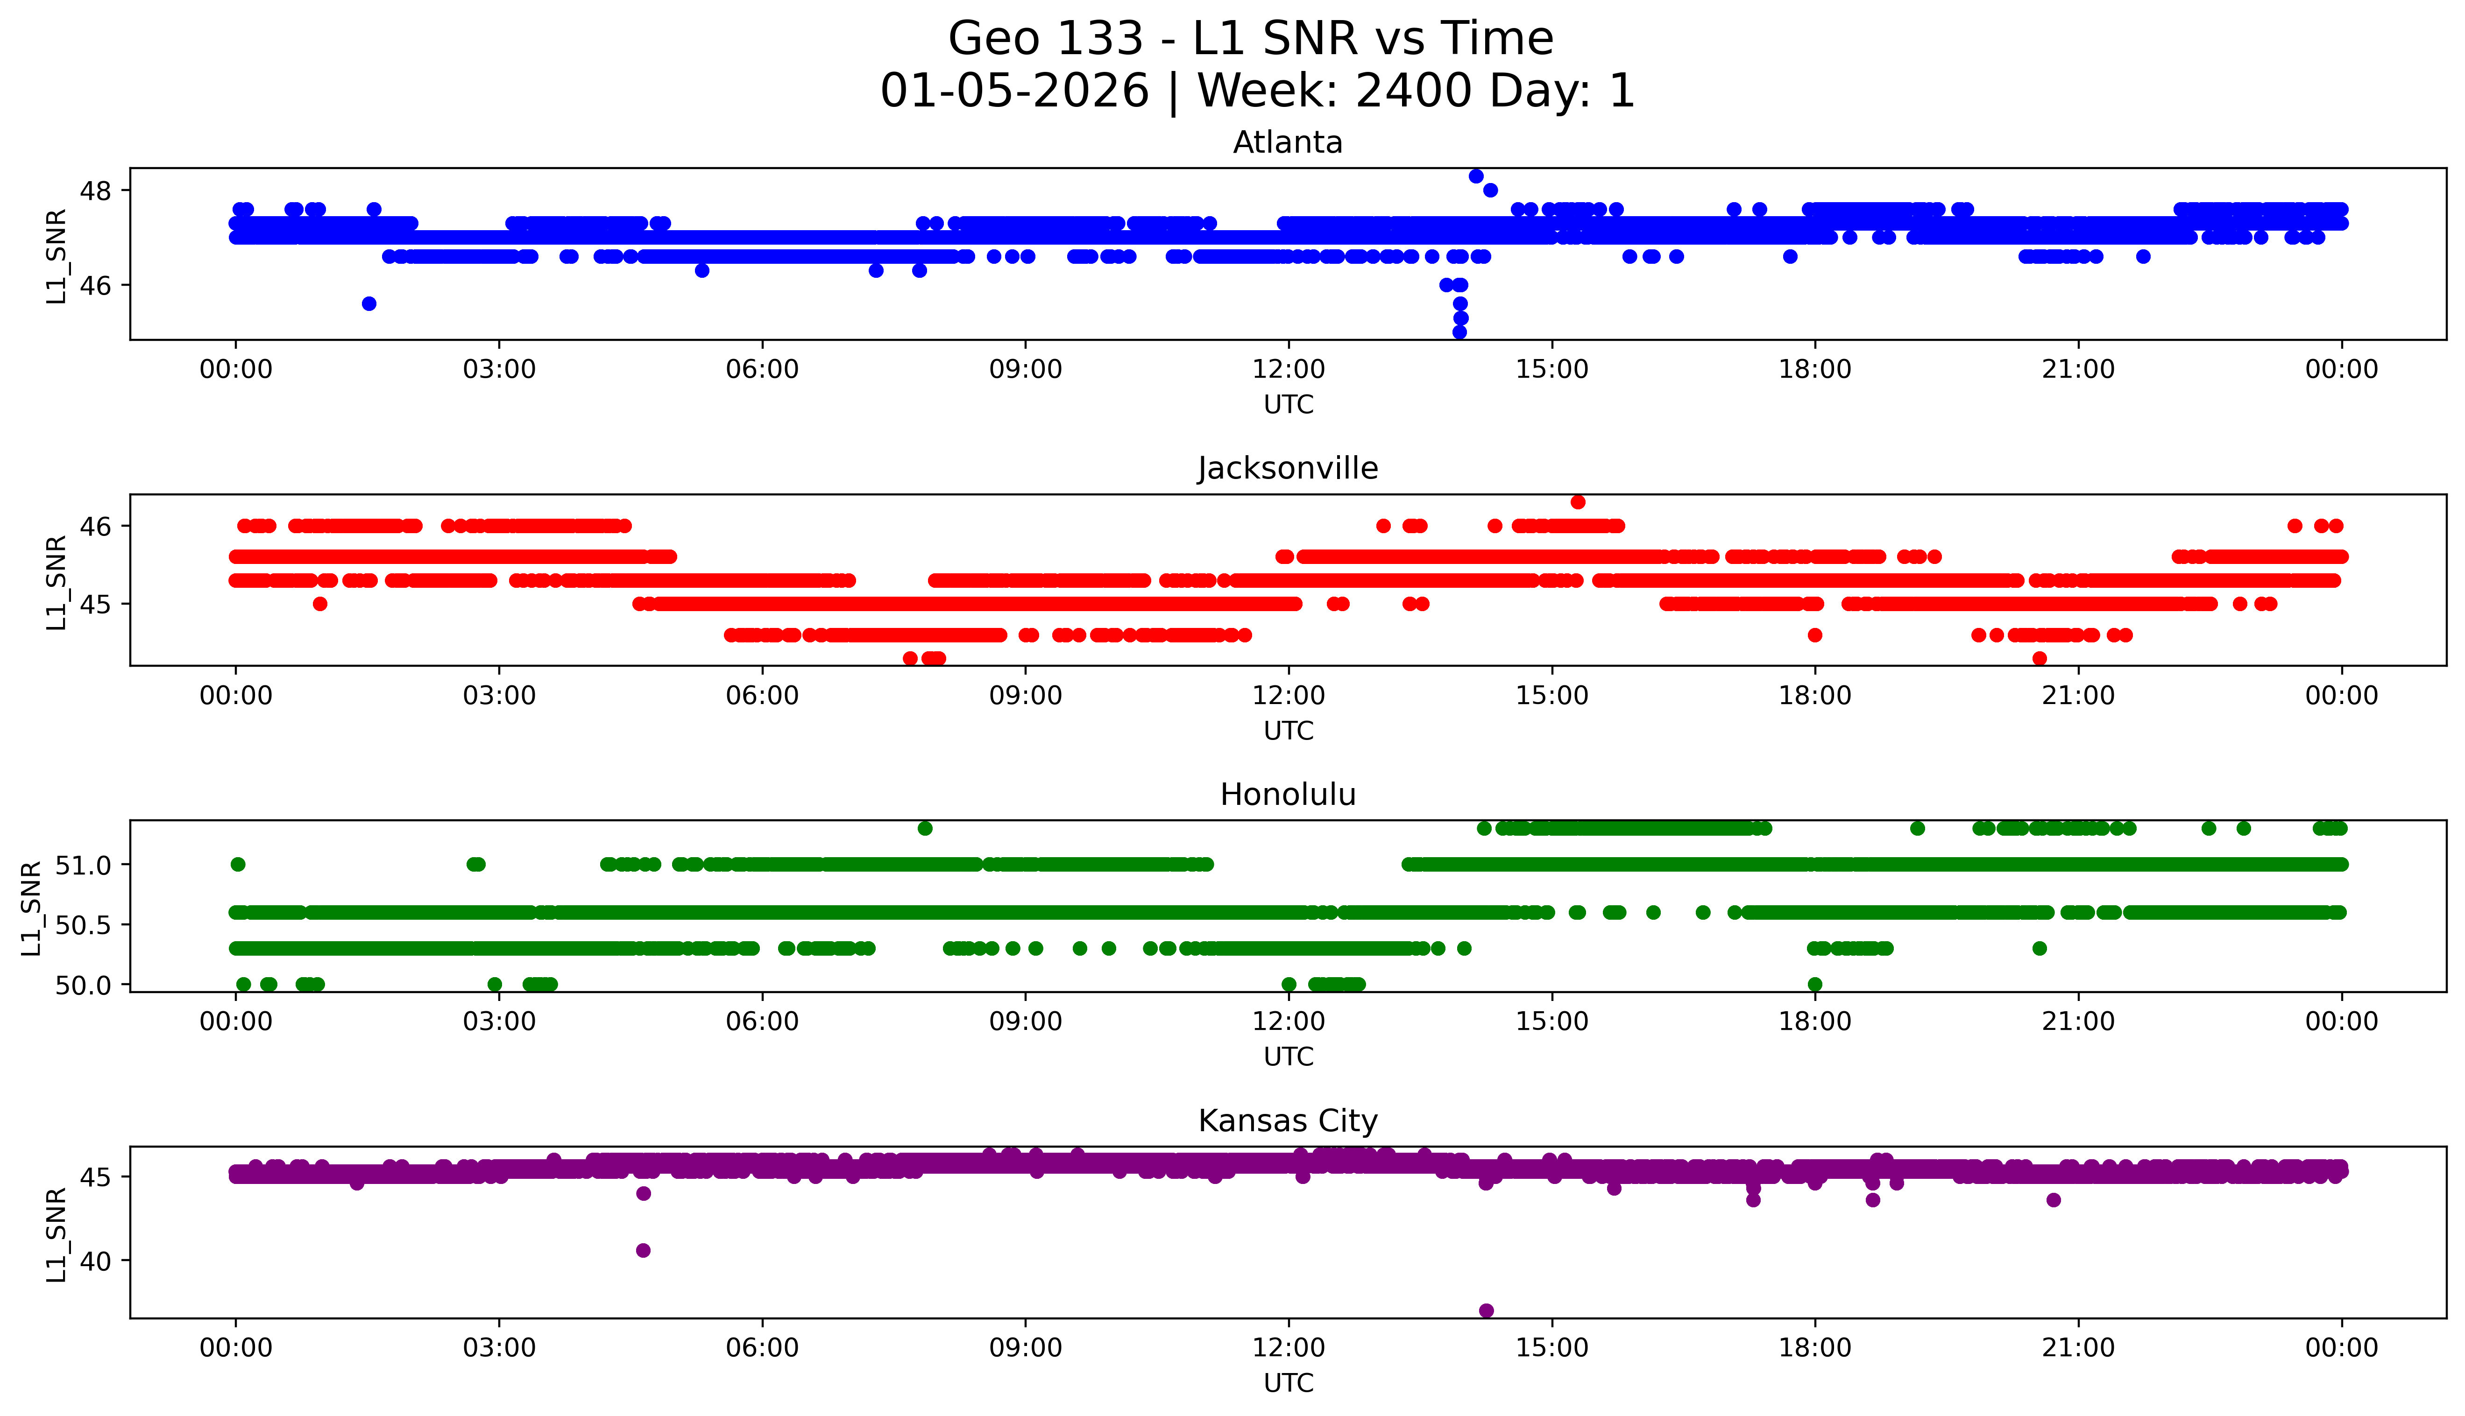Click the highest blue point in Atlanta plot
pyautogui.click(x=1476, y=176)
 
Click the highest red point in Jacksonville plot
pyautogui.click(x=1578, y=502)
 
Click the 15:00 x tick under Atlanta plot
pyautogui.click(x=1551, y=370)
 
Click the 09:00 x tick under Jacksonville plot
pyautogui.click(x=1025, y=695)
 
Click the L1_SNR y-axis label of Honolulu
pyautogui.click(x=31, y=909)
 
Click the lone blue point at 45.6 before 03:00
pyautogui.click(x=368, y=303)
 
